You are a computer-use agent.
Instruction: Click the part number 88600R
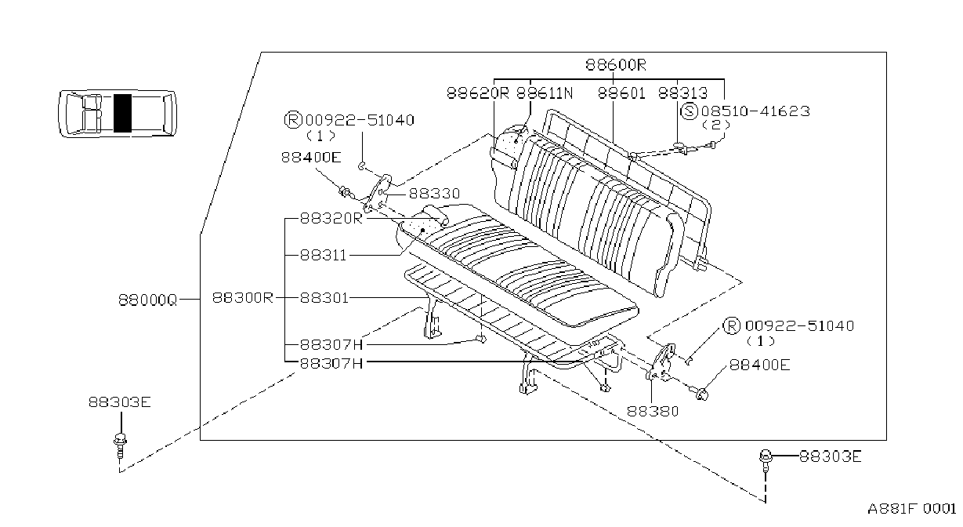(616, 64)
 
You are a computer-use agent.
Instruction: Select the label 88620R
(478, 93)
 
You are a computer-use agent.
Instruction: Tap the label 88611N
(545, 93)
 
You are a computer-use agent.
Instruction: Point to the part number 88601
(621, 93)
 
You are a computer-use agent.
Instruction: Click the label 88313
(682, 93)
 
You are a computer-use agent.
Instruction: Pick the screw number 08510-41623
(755, 111)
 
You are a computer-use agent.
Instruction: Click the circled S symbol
(690, 111)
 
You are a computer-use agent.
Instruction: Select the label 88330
(434, 194)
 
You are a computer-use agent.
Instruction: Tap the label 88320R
(331, 218)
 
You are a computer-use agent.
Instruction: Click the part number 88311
(324, 255)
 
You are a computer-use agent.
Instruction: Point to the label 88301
(324, 298)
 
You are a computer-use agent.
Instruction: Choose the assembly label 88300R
(243, 298)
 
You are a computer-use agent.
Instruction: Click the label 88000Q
(148, 300)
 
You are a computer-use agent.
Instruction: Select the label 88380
(653, 411)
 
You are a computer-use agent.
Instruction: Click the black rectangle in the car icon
(122, 113)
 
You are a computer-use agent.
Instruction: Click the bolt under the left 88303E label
(120, 445)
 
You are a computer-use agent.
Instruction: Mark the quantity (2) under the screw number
(716, 125)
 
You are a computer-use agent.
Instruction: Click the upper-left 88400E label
(311, 158)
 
